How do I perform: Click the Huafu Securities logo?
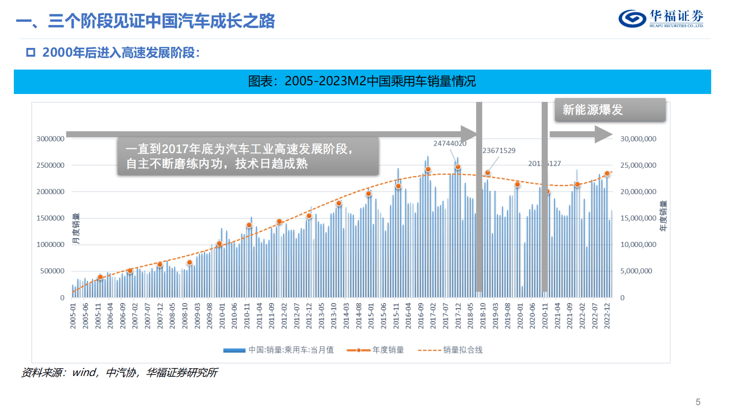click(x=661, y=18)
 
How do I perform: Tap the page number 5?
click(x=698, y=402)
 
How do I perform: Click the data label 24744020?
click(x=450, y=143)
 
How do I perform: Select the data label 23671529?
click(x=499, y=150)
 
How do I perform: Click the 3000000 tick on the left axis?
click(x=50, y=139)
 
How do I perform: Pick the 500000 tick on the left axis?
click(x=52, y=271)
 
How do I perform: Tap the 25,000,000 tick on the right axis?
click(x=638, y=165)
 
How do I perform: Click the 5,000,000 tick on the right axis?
click(x=636, y=271)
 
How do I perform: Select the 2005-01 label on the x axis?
click(x=73, y=316)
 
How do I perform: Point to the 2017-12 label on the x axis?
click(x=458, y=316)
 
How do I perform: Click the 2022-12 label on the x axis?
click(x=607, y=316)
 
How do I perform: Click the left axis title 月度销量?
click(x=76, y=228)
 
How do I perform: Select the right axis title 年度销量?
click(x=663, y=216)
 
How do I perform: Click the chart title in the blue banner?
click(x=362, y=82)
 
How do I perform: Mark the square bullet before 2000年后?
click(x=31, y=53)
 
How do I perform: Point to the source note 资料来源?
click(x=119, y=372)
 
